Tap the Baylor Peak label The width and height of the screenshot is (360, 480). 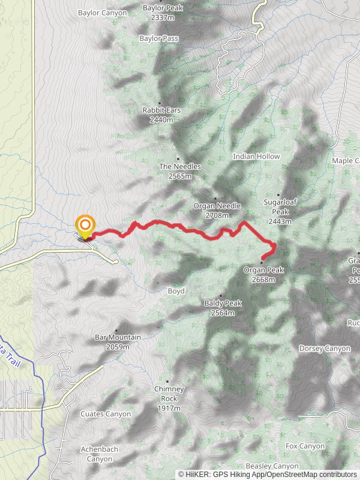coord(163,8)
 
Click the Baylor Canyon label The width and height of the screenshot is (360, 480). coord(103,13)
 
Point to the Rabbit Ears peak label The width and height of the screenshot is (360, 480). coord(161,111)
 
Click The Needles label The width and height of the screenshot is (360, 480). coord(180,166)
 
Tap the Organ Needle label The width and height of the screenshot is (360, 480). coord(217,206)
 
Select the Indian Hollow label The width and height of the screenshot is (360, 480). coord(256,157)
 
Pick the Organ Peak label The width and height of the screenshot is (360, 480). coord(263,271)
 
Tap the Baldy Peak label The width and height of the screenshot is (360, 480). coord(223,304)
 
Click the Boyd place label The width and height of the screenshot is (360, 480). coord(176,291)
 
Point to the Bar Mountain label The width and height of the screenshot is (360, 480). coord(118,338)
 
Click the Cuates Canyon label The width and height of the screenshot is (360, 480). coord(106,414)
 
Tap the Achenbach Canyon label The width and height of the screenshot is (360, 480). coord(99,454)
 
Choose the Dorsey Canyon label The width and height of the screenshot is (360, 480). coord(325,349)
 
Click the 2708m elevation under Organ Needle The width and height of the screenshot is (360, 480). coord(217,215)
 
